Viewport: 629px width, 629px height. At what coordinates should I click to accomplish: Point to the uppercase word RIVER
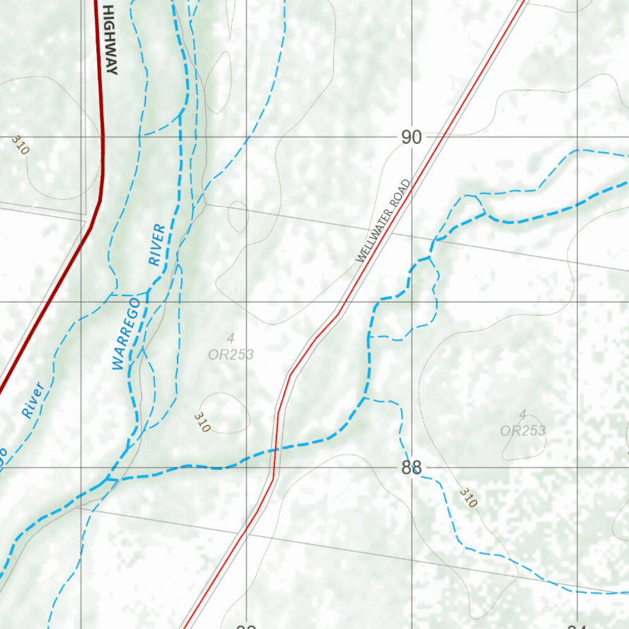point(157,244)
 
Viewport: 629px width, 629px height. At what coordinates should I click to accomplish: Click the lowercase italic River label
point(33,400)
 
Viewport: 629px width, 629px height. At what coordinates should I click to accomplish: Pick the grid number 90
point(412,138)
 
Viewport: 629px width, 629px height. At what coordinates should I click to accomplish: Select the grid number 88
point(412,468)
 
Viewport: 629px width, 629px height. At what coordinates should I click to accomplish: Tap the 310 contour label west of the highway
point(20,146)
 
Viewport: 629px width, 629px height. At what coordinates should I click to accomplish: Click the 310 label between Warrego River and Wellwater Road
point(202,422)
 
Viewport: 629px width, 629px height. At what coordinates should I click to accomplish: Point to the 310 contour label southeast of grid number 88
point(468,498)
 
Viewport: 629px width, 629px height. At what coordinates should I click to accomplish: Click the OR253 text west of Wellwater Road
point(231,354)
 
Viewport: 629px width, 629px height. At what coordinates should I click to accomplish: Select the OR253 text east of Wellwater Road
point(523,431)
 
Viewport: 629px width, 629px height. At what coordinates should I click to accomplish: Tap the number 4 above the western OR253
point(231,338)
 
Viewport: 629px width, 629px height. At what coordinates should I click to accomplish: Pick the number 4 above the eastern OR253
point(523,414)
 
